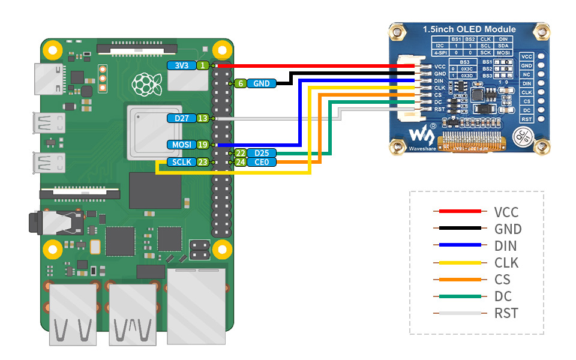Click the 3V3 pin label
[x=181, y=65]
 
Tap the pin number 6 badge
[x=240, y=84]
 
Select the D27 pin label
[x=181, y=118]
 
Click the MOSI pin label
[x=181, y=145]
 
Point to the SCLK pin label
[x=181, y=162]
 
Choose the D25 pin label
[x=262, y=154]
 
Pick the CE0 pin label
[x=262, y=162]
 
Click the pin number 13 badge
[x=203, y=118]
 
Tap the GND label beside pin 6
[x=262, y=84]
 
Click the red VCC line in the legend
[x=459, y=211]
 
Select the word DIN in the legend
[x=505, y=245]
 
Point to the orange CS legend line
[x=459, y=279]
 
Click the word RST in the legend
[x=506, y=313]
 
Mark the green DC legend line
[x=459, y=296]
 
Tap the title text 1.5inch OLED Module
[x=469, y=29]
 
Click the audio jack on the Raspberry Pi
[x=57, y=223]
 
